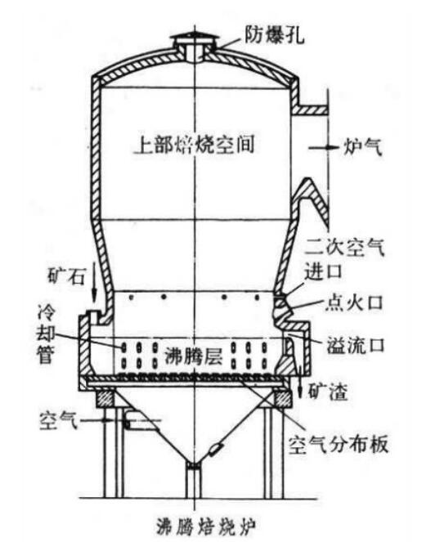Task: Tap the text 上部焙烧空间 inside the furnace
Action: click(x=194, y=145)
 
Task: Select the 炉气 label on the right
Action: click(x=363, y=148)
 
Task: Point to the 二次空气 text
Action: click(x=344, y=248)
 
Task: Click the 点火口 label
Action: click(x=354, y=302)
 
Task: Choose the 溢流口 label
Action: click(x=356, y=344)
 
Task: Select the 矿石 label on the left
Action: click(x=66, y=276)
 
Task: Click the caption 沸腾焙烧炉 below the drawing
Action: click(x=206, y=526)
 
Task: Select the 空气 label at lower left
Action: click(x=58, y=419)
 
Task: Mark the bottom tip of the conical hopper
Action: click(x=195, y=464)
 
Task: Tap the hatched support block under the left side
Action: click(x=105, y=398)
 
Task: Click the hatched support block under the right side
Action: click(x=283, y=398)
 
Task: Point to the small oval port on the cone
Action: click(x=215, y=449)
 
